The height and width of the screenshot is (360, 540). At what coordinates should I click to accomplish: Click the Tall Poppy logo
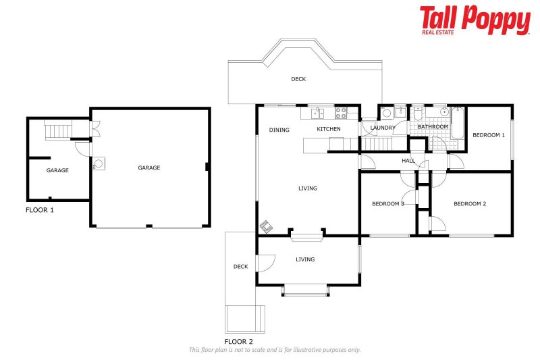(x=475, y=20)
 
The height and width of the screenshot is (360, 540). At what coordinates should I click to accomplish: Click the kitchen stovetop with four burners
(x=341, y=113)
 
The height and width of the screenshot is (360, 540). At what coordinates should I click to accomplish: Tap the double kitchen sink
(x=317, y=113)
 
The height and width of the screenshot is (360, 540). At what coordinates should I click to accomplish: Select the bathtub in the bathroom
(x=458, y=123)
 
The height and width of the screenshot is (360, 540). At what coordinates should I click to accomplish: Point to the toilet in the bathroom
(x=418, y=113)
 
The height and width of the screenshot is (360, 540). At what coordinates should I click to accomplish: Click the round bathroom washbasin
(x=444, y=111)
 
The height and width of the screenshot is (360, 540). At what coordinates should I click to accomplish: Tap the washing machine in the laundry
(x=386, y=113)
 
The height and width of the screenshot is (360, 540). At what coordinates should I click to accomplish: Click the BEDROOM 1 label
(x=489, y=135)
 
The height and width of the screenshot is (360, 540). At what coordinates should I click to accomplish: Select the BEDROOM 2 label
(x=470, y=203)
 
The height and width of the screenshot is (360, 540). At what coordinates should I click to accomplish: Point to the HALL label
(x=408, y=161)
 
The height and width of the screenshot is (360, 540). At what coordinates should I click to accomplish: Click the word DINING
(x=279, y=130)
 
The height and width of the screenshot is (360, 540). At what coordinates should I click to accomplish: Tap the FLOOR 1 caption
(x=40, y=210)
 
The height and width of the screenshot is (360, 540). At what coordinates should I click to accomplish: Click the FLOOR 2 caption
(x=238, y=341)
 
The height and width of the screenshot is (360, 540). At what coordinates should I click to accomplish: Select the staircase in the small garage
(x=59, y=132)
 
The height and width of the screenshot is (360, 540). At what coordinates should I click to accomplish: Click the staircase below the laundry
(x=376, y=144)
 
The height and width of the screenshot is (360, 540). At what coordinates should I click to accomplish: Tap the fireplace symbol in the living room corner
(x=266, y=226)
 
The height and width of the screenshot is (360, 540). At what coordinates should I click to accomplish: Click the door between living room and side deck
(x=266, y=263)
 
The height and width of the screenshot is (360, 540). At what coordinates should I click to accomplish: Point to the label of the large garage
(x=148, y=168)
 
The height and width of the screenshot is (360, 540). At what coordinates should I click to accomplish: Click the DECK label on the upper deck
(x=298, y=79)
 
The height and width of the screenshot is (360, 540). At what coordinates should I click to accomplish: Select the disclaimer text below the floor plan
(x=275, y=350)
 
